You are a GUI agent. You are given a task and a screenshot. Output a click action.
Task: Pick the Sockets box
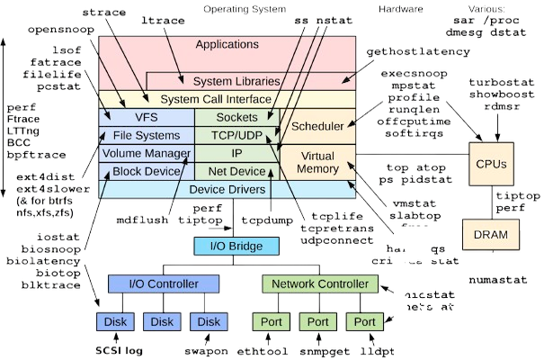(236, 117)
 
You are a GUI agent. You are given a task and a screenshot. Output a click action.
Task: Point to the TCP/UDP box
(236, 135)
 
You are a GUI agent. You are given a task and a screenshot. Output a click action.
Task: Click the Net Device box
(236, 171)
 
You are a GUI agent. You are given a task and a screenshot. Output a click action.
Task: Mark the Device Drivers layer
(227, 190)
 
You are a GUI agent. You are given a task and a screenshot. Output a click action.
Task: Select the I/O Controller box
(157, 284)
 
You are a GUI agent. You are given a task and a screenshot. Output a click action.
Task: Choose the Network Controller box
(317, 284)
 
